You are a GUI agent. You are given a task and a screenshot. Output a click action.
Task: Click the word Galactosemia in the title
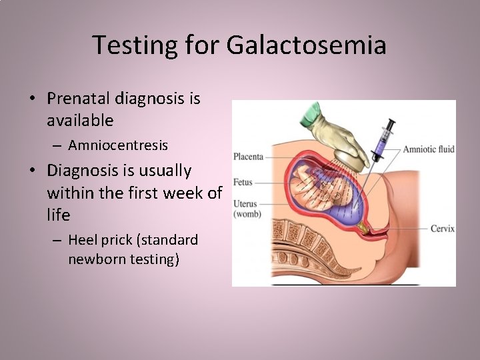click(x=306, y=45)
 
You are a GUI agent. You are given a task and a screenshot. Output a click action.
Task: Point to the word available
click(x=80, y=121)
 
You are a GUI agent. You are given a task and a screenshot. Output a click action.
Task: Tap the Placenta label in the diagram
click(x=248, y=157)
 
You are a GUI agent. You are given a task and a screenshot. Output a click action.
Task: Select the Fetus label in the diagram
click(x=243, y=182)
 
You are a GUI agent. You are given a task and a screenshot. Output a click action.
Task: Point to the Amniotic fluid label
click(x=429, y=149)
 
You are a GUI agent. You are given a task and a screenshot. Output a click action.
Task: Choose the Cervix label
click(x=442, y=228)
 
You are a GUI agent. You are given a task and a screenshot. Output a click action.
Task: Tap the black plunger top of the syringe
click(x=392, y=123)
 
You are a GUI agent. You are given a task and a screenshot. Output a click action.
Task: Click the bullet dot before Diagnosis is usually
click(x=32, y=171)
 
